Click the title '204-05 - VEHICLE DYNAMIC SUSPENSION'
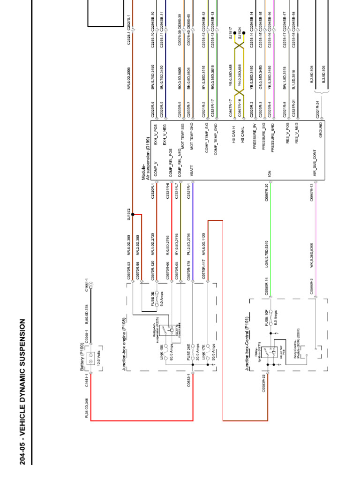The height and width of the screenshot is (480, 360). [x=22, y=392]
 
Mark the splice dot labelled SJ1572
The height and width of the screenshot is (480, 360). [x=133, y=215]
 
